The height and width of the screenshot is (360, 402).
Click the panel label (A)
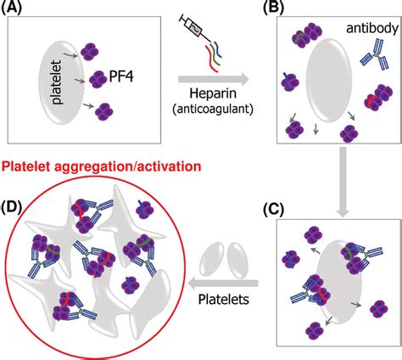(x=20, y=11)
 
